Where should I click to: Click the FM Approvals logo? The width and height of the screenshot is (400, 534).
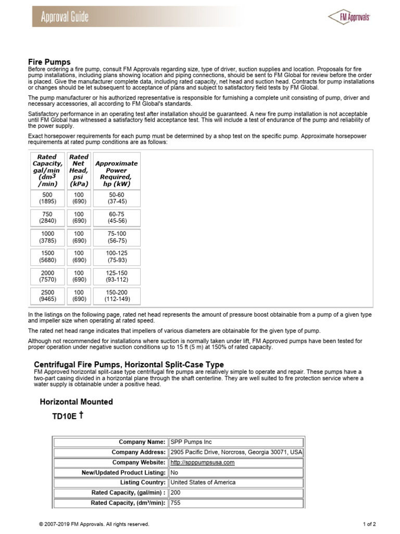click(349, 17)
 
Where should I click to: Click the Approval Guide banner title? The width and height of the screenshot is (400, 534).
click(65, 17)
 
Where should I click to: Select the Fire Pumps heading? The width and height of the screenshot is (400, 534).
click(49, 62)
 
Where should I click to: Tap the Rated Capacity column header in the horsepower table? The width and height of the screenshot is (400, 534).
click(47, 170)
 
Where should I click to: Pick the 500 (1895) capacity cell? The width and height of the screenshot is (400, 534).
click(47, 198)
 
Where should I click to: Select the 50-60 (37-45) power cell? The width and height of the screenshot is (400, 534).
click(117, 198)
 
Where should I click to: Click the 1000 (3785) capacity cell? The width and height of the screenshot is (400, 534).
click(47, 237)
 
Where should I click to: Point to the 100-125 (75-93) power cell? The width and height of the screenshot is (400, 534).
click(117, 257)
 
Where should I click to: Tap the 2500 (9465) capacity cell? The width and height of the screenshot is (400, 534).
click(47, 296)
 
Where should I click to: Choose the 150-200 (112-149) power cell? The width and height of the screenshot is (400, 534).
click(117, 296)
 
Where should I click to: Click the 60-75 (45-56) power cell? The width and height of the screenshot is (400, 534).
click(117, 217)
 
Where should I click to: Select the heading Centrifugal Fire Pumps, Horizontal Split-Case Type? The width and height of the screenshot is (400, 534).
click(129, 365)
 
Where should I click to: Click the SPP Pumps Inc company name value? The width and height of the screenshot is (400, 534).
click(191, 442)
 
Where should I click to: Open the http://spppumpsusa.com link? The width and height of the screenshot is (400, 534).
click(203, 463)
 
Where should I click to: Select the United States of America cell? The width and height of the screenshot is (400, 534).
click(203, 482)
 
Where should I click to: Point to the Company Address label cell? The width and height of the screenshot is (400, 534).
click(139, 452)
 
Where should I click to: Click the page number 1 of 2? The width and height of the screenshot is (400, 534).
click(369, 524)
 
